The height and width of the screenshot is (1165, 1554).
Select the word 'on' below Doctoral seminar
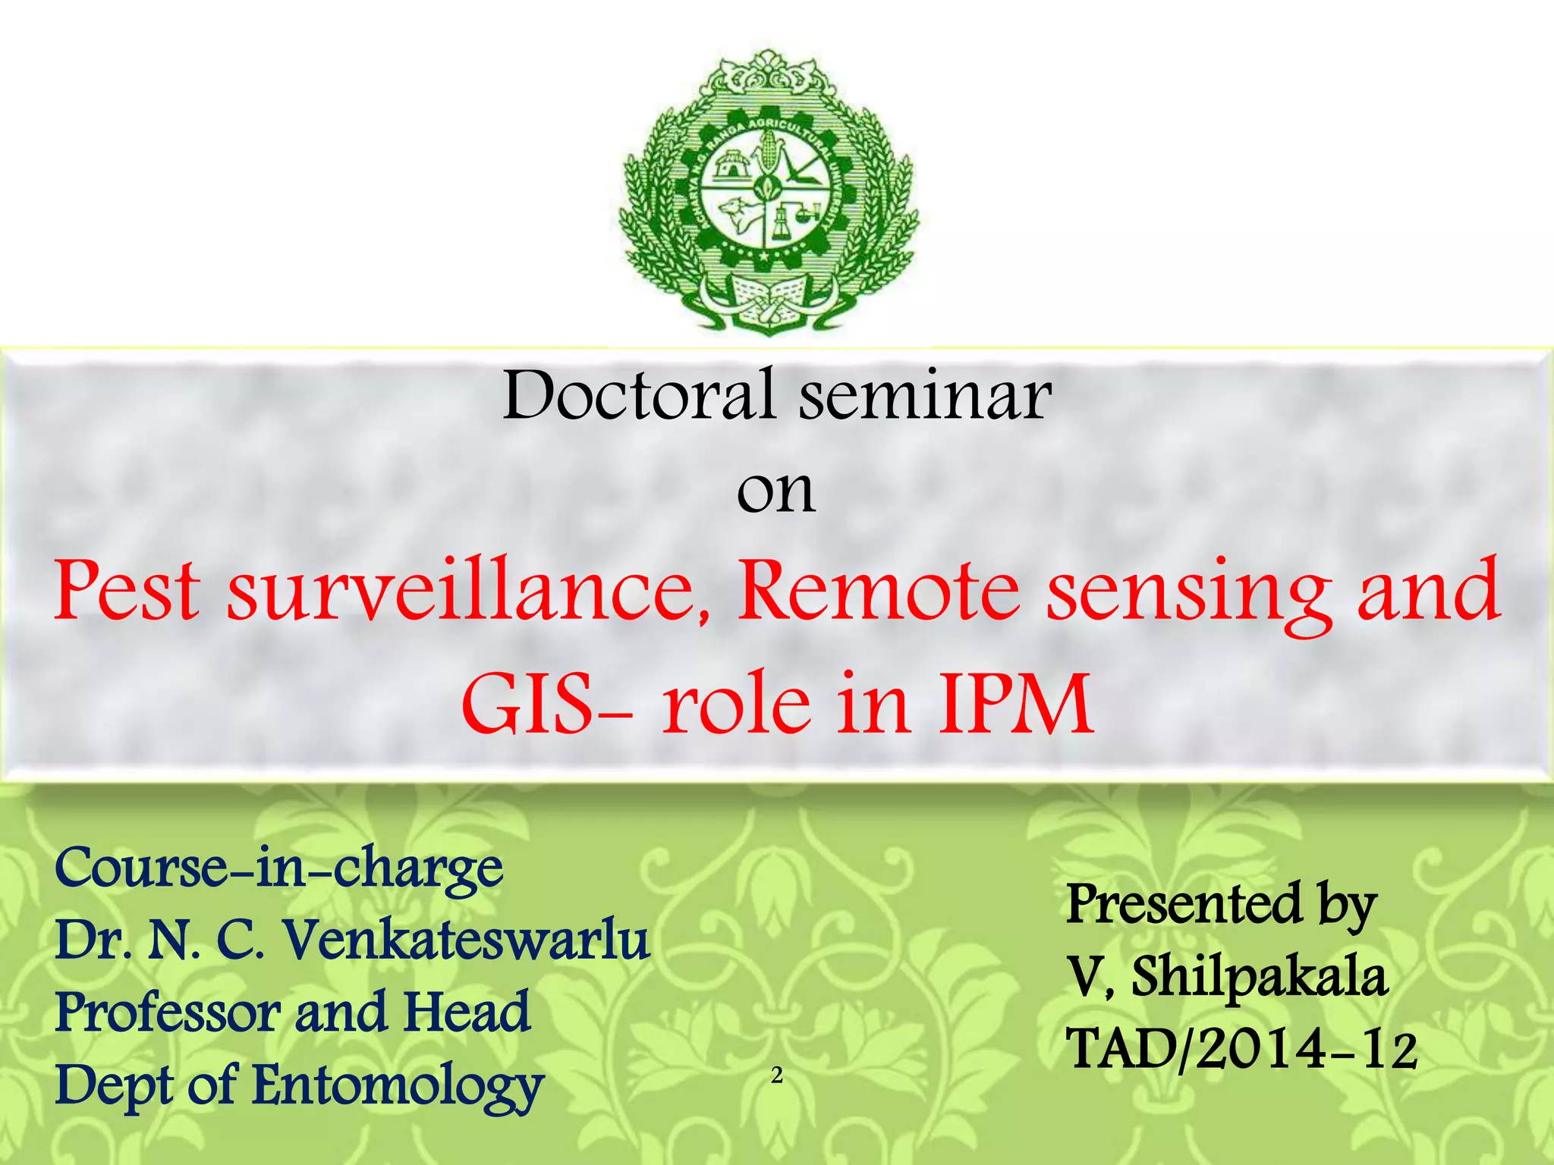click(775, 491)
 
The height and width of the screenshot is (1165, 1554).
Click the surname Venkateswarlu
click(467, 940)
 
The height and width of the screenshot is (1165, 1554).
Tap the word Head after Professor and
click(466, 1013)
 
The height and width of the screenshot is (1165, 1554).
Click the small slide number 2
click(776, 1076)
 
